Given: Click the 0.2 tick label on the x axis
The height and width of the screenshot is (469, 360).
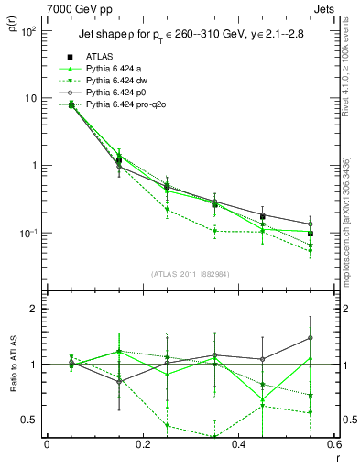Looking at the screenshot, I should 142,445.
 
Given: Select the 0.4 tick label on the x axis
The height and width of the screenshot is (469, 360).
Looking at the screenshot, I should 238,445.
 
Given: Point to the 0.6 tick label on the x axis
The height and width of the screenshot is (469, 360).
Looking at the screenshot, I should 333,445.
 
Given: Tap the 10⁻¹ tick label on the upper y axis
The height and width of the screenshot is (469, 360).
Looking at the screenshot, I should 27,234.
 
